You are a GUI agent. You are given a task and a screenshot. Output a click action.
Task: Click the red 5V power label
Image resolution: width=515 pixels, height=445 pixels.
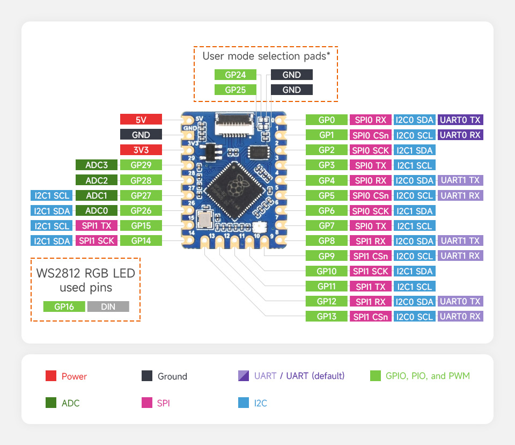[x=141, y=120]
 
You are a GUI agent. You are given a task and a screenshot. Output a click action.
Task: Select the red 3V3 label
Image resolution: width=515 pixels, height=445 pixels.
[x=141, y=150]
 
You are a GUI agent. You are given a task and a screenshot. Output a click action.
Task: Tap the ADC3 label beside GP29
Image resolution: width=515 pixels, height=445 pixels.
[x=97, y=165]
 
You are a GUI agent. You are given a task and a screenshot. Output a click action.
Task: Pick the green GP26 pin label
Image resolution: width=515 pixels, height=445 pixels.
[x=141, y=210]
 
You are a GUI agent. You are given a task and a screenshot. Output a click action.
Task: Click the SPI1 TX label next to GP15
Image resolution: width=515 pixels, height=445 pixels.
[x=97, y=225]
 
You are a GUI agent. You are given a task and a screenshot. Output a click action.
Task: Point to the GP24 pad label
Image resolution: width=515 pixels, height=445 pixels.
[x=236, y=75]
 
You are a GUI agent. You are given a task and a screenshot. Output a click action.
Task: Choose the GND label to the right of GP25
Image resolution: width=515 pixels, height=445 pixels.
[x=291, y=90]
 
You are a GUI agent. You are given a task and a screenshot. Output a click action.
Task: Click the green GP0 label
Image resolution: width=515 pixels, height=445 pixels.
[x=326, y=120]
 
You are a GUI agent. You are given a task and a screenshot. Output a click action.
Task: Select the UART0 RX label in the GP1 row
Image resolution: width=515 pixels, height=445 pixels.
[x=460, y=135]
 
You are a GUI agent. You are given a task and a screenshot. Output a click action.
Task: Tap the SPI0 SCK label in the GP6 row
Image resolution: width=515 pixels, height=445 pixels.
[x=370, y=210]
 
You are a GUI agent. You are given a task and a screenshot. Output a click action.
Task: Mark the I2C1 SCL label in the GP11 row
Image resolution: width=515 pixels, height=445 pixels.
[x=414, y=286]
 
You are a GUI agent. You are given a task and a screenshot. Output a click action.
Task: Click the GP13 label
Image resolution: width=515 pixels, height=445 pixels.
[x=326, y=316]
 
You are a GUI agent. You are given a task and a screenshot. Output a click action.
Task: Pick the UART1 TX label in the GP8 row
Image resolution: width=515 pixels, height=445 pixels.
[x=460, y=240]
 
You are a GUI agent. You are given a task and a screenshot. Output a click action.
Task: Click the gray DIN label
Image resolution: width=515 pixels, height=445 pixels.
[x=108, y=307]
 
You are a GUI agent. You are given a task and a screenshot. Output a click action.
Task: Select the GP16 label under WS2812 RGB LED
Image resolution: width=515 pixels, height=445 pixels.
[x=64, y=307]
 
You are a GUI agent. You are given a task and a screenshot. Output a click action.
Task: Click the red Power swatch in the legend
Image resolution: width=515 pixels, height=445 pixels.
[x=51, y=376]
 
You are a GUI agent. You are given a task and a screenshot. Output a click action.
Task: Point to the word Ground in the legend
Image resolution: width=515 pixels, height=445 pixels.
[x=172, y=376]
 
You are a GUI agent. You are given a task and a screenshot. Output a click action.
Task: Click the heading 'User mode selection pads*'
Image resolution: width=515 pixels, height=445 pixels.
[x=266, y=56]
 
